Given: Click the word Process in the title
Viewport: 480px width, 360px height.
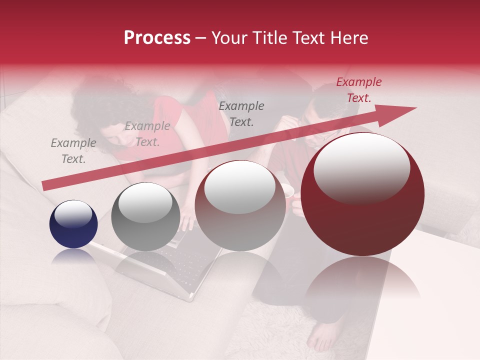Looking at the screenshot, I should pos(157,38).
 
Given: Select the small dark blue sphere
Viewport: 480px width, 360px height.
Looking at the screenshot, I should pos(73,224).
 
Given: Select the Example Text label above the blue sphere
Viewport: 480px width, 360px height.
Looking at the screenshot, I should pos(73,151).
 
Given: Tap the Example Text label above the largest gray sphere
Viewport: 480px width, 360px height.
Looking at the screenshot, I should pos(241,114).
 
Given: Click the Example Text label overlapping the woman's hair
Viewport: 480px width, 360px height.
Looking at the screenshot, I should pos(147,134).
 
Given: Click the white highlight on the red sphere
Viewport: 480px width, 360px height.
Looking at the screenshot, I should pos(361,167).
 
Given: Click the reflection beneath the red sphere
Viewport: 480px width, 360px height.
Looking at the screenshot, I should pos(362,280).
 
